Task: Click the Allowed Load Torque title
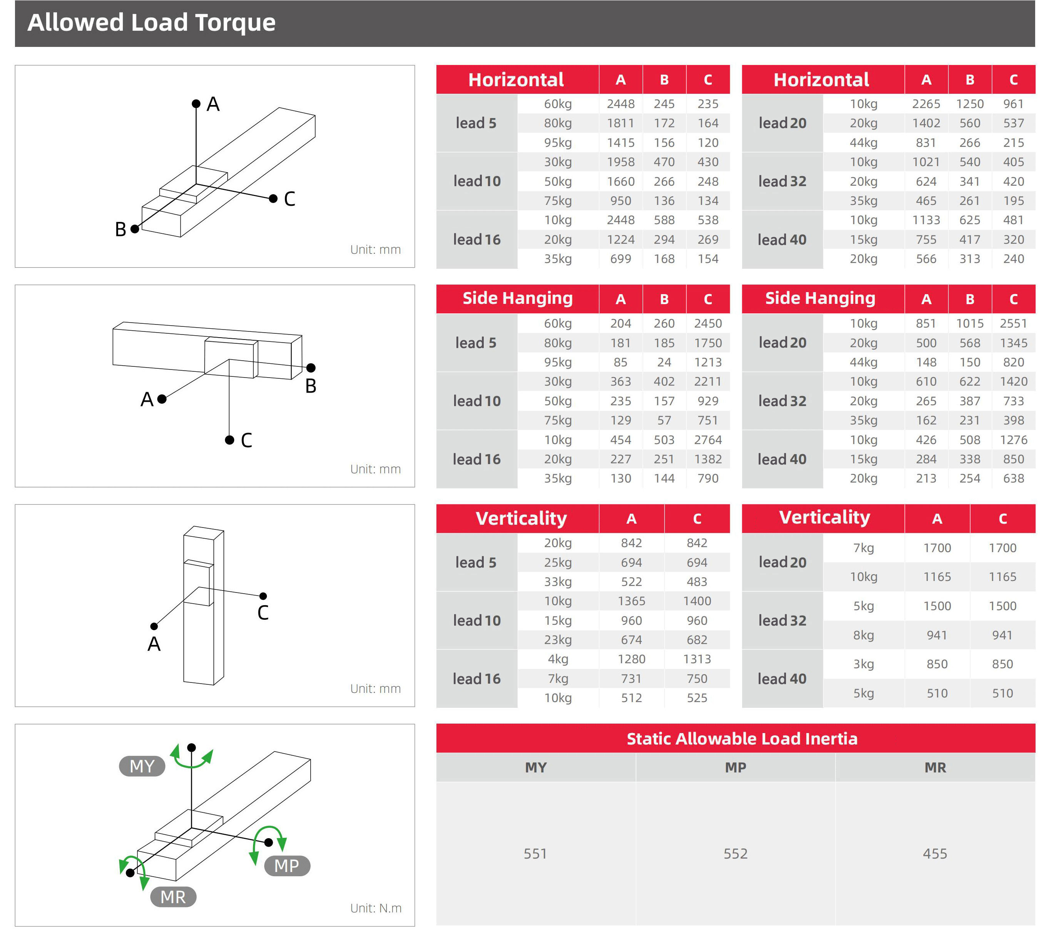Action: click(151, 23)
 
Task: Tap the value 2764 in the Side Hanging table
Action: click(708, 440)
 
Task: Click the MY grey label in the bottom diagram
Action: click(142, 766)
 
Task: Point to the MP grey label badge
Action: click(287, 865)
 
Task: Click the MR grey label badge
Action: click(173, 897)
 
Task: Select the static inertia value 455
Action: click(935, 854)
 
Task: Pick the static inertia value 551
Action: click(535, 854)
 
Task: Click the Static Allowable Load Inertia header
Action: click(742, 739)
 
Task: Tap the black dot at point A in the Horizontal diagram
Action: click(196, 104)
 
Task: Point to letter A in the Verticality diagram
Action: click(154, 644)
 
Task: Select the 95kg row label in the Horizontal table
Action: click(557, 143)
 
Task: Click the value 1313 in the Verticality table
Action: click(696, 659)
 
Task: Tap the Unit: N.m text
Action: click(376, 908)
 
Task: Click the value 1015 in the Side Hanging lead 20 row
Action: click(969, 323)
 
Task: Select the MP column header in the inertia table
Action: click(735, 767)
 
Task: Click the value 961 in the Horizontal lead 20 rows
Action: click(1013, 104)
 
